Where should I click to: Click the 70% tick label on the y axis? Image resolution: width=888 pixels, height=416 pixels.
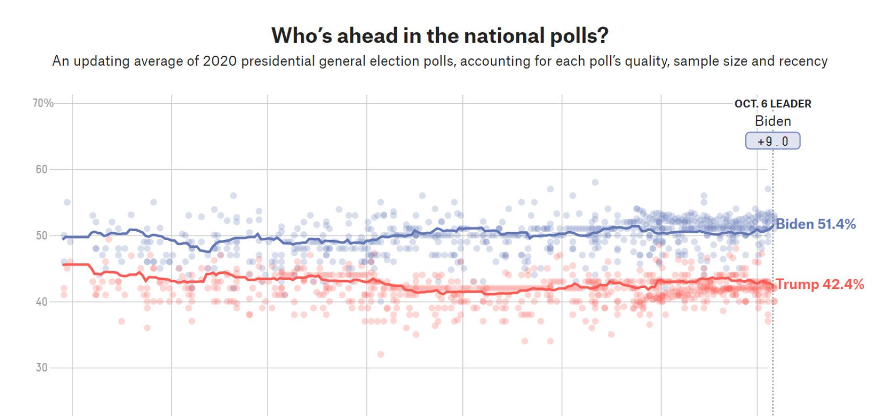tap(43, 103)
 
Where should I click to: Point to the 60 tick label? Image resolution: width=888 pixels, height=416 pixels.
tap(41, 169)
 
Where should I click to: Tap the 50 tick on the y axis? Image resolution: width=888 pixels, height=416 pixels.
tap(41, 235)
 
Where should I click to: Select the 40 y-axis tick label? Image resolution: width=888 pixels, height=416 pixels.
tap(41, 301)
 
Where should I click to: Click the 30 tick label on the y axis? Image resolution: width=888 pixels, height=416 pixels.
tap(41, 368)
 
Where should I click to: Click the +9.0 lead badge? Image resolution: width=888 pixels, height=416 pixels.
tap(772, 141)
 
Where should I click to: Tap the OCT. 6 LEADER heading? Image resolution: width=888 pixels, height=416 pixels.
tap(772, 104)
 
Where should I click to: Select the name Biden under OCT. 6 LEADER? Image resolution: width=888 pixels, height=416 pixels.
tap(772, 121)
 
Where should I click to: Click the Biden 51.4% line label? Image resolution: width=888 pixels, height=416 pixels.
tap(816, 224)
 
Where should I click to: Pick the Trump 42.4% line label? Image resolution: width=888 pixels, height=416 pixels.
tap(820, 284)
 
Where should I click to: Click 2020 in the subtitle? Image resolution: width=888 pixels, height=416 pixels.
tap(220, 61)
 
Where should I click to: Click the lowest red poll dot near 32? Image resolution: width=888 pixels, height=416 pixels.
tap(380, 354)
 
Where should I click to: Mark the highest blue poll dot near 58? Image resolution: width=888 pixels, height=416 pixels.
tap(595, 182)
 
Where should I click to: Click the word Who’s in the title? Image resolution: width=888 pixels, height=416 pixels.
tap(301, 35)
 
